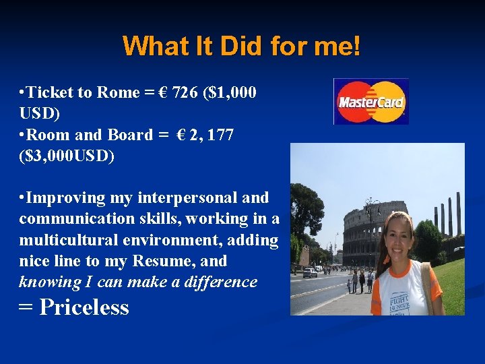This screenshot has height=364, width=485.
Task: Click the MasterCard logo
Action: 371,102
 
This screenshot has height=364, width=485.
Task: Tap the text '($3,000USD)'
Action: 67,156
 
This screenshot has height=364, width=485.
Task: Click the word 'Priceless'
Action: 84,307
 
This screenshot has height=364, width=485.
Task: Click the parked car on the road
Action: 310,273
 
